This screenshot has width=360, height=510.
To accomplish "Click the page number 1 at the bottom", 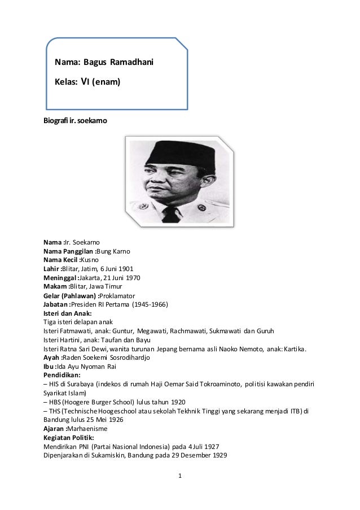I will [179, 481].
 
